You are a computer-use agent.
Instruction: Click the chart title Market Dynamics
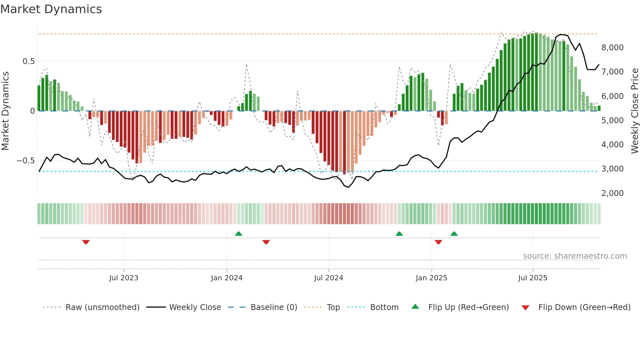tap(51, 9)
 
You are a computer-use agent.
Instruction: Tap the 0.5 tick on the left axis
tap(28, 61)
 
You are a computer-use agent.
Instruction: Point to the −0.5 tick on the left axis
tap(25, 161)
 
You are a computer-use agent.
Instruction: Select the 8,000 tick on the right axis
tap(612, 48)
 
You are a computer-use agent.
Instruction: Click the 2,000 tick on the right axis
tap(612, 193)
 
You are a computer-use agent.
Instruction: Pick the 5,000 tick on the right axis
tap(612, 121)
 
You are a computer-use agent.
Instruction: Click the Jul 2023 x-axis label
tap(124, 278)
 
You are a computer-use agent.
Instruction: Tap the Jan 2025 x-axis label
tap(431, 278)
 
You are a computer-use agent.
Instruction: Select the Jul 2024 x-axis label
tap(328, 278)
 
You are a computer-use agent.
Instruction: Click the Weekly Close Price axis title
tap(634, 111)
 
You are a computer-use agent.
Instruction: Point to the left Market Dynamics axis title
tap(5, 111)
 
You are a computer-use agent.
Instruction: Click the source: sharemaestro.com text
tap(575, 256)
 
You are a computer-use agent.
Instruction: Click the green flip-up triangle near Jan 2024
tap(239, 234)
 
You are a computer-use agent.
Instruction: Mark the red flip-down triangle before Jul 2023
tap(86, 242)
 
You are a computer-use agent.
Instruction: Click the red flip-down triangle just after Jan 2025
tap(439, 242)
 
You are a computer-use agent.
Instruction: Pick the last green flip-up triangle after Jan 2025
tap(454, 234)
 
